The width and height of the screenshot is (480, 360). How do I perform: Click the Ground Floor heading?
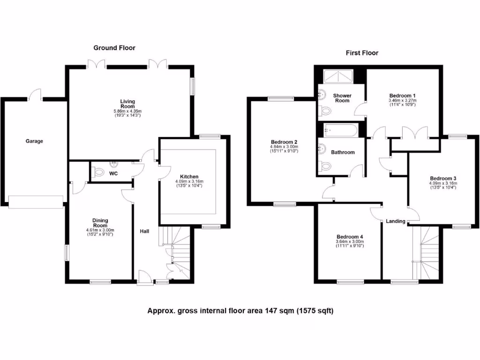(x=114, y=48)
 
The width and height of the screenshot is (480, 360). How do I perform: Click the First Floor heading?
(x=362, y=53)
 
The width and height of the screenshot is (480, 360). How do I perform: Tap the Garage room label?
(x=34, y=141)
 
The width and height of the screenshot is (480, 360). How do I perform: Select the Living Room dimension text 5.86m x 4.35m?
(x=127, y=111)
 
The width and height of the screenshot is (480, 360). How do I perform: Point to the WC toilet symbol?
(x=98, y=173)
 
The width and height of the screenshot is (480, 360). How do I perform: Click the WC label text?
(x=113, y=174)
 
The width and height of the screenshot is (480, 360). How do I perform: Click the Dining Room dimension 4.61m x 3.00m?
(x=100, y=230)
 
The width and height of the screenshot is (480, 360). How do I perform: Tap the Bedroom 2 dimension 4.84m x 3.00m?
(x=285, y=147)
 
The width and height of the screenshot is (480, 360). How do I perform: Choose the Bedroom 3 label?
(x=443, y=178)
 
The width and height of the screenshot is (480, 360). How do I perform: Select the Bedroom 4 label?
(x=350, y=237)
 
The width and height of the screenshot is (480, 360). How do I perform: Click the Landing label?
(x=396, y=221)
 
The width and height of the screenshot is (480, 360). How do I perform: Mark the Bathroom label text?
(x=343, y=152)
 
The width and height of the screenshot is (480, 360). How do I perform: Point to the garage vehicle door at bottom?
(x=36, y=202)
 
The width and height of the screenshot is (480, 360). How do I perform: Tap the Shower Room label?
(x=342, y=98)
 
